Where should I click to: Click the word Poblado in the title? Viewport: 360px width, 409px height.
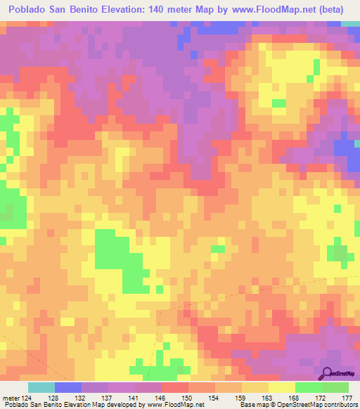[28, 10]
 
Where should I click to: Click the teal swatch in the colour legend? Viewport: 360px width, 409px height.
[41, 387]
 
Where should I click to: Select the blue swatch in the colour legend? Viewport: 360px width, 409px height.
[67, 387]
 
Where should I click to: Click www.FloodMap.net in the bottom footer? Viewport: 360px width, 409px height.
[174, 405]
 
